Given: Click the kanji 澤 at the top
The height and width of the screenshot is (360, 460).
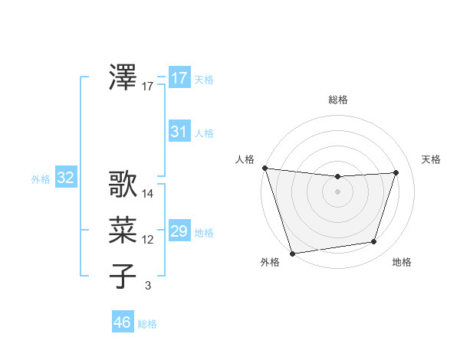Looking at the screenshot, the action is (123, 77).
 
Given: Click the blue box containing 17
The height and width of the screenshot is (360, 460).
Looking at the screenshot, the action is (179, 78).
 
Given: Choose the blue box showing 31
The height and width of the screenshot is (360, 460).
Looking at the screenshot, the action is (179, 132).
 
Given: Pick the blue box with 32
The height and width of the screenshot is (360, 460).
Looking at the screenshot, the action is (66, 178).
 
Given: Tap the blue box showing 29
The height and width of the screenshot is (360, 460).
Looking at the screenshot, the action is (179, 231).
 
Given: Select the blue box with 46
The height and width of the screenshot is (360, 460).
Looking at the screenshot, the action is (123, 322).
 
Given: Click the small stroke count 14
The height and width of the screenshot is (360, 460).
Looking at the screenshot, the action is (148, 194).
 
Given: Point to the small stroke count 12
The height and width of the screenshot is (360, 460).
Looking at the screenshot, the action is (148, 240).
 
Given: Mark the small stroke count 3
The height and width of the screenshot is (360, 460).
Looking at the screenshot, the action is (148, 286).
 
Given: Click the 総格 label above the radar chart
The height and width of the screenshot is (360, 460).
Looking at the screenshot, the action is (337, 100).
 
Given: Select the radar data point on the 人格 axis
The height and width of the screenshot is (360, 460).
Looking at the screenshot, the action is (264, 168).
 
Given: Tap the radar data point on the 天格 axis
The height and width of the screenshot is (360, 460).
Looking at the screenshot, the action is (396, 172).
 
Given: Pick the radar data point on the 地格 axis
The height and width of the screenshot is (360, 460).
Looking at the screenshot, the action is (374, 242).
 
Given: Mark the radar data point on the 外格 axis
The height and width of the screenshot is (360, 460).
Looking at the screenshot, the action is (292, 253).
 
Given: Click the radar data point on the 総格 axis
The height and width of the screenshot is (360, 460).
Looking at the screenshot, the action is (337, 177).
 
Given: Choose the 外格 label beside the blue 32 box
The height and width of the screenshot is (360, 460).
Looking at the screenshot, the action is (41, 179).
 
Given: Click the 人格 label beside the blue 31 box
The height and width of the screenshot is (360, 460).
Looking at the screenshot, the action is (204, 133).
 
